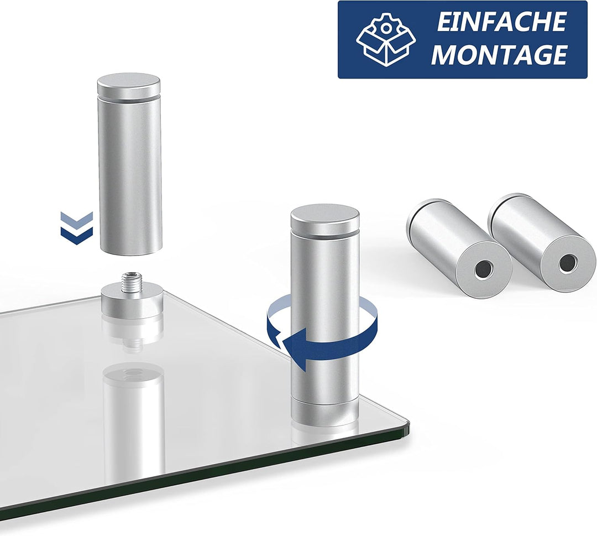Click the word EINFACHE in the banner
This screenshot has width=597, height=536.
[x=501, y=22]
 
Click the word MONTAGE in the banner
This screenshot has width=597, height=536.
[x=499, y=54]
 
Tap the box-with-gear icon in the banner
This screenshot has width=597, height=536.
[x=386, y=39]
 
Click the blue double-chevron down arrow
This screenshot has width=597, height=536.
[x=76, y=228]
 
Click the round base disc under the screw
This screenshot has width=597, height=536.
[x=132, y=303]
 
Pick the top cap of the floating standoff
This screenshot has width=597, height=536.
[x=129, y=86]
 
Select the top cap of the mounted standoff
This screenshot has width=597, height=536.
[x=325, y=221]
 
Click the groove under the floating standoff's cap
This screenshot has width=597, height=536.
[x=129, y=98]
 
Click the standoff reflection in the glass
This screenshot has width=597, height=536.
[x=134, y=419]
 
